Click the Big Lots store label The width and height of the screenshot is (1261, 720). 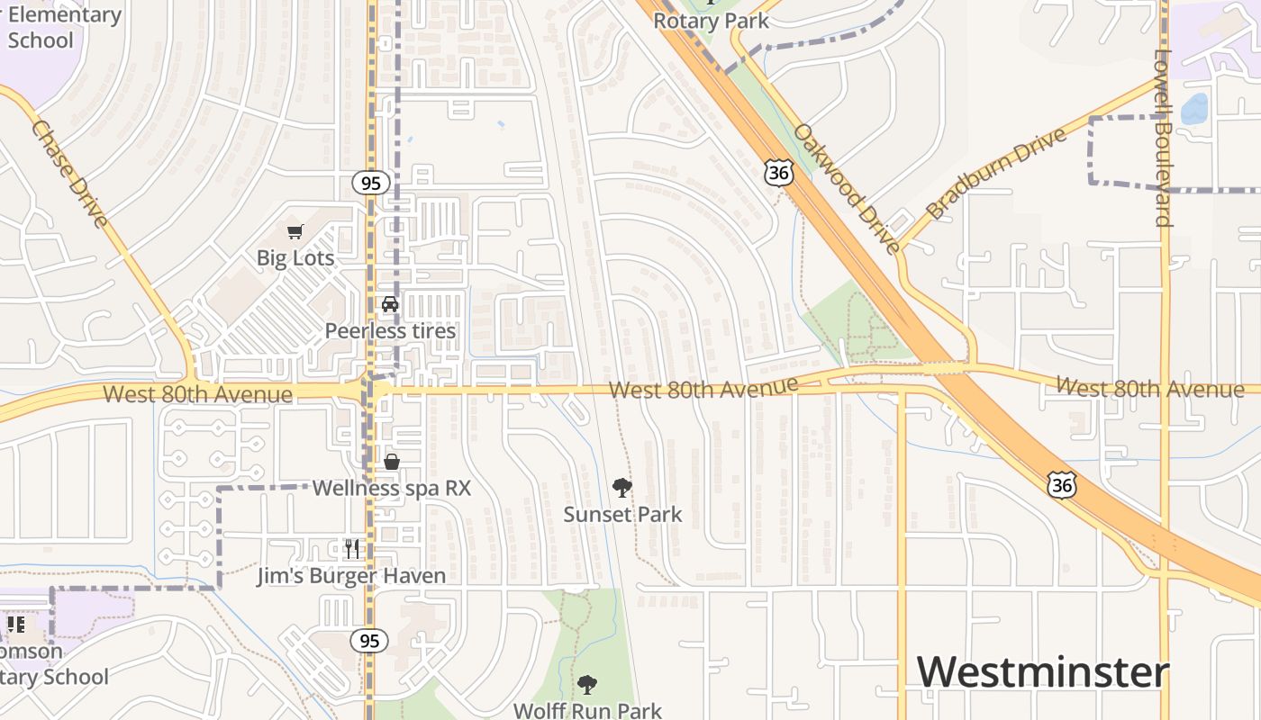(295, 258)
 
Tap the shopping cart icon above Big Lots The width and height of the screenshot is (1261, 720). (295, 232)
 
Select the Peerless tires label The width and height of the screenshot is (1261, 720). (390, 331)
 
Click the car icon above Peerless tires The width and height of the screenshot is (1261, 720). (390, 304)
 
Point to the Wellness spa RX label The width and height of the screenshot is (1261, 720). (391, 489)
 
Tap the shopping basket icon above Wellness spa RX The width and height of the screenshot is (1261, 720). (392, 462)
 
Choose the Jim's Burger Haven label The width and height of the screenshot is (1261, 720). (351, 576)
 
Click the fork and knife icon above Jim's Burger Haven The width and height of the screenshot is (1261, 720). (352, 548)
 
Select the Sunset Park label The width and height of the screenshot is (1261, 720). (622, 515)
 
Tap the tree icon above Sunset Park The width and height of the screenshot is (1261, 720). (621, 488)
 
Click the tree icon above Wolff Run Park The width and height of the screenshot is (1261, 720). (587, 685)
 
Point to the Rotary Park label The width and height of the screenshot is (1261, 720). (712, 21)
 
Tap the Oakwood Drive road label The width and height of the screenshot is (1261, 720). (846, 189)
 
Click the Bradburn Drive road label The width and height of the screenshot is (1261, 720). (996, 174)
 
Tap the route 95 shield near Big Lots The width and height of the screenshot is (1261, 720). (370, 184)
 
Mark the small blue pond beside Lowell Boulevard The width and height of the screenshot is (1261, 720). (1193, 109)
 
